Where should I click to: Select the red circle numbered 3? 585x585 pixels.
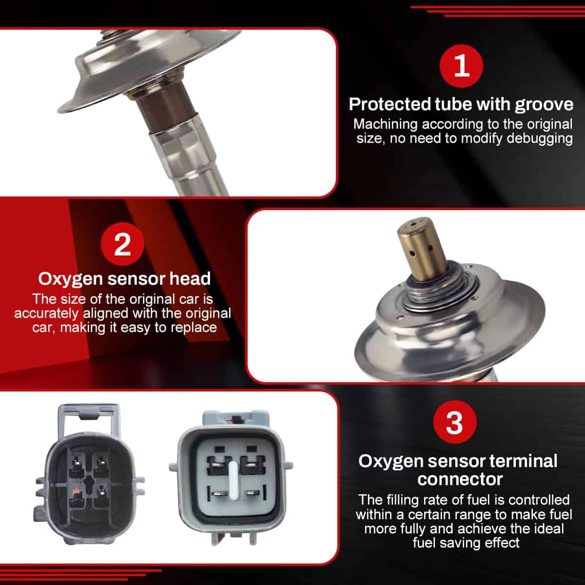[x=454, y=422]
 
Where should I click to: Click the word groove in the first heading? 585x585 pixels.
[x=544, y=104]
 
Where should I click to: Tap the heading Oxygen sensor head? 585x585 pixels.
[x=124, y=279]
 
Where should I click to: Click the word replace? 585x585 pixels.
[x=194, y=327]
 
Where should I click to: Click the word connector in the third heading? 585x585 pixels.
[x=460, y=479]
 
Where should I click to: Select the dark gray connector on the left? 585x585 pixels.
[x=88, y=483]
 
